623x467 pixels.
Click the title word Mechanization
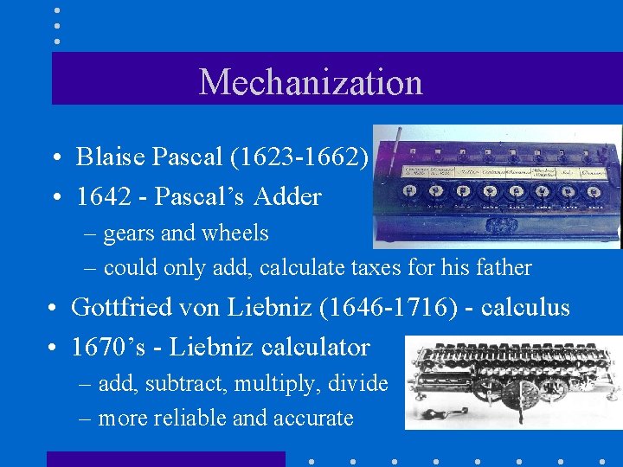click(x=311, y=82)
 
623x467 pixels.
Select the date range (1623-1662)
click(x=299, y=157)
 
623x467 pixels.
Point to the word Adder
click(x=288, y=196)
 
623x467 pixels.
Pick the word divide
click(x=359, y=384)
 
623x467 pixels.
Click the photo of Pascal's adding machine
click(x=497, y=187)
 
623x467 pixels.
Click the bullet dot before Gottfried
click(x=53, y=309)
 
